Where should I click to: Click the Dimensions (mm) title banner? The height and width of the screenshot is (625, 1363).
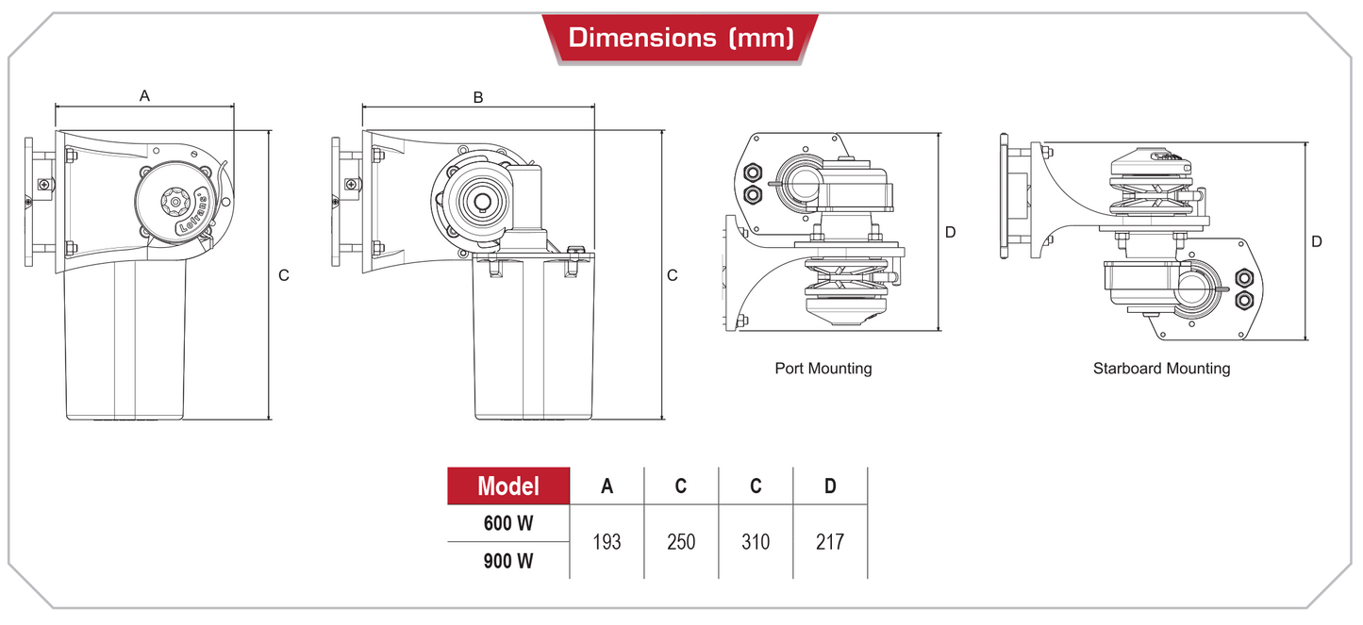click(x=680, y=39)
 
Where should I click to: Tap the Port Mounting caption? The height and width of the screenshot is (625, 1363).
click(x=823, y=369)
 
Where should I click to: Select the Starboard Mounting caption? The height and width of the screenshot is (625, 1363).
click(x=1161, y=369)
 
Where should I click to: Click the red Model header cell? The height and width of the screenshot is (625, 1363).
click(x=508, y=485)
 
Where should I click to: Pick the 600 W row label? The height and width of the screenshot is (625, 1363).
click(x=508, y=522)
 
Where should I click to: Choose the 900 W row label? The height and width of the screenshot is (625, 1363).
click(x=508, y=561)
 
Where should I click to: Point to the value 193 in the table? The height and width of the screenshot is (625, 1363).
click(x=607, y=542)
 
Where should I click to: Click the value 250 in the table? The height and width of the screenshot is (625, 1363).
click(x=681, y=542)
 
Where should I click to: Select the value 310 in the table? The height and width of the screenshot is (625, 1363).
click(x=755, y=542)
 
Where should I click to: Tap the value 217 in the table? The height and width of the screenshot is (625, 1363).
click(x=830, y=542)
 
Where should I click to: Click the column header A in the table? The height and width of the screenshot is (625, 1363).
click(x=607, y=486)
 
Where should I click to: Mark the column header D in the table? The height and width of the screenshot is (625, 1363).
click(x=830, y=486)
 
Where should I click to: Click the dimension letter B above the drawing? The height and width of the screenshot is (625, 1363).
click(x=478, y=97)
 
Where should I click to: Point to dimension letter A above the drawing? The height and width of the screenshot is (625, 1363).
click(x=144, y=95)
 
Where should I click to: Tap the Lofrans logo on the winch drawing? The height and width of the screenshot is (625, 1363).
click(x=192, y=213)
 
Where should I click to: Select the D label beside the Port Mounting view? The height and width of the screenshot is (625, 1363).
click(x=951, y=232)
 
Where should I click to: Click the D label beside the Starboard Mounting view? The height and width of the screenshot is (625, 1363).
click(x=1317, y=241)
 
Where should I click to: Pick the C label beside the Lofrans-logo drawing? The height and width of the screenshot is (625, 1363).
click(x=283, y=275)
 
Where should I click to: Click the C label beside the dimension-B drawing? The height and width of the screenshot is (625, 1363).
click(x=672, y=275)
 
